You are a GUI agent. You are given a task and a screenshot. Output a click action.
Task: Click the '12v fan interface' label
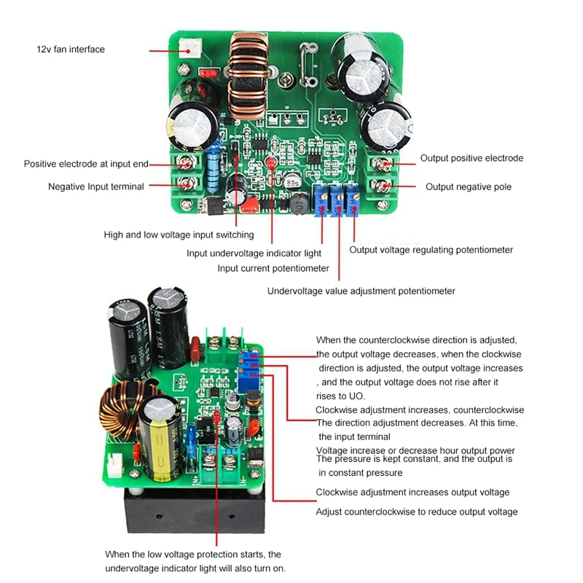click(x=71, y=50)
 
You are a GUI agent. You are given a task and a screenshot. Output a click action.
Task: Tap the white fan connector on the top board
click(x=192, y=50)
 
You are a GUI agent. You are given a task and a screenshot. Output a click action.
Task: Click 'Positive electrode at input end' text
click(x=92, y=164)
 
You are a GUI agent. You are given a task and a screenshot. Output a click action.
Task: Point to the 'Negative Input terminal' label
click(x=96, y=187)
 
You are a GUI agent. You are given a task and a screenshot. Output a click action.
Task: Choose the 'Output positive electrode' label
click(x=472, y=158)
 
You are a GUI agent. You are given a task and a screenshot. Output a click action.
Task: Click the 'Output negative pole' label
click(x=469, y=187)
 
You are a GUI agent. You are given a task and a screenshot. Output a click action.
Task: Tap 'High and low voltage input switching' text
click(x=179, y=235)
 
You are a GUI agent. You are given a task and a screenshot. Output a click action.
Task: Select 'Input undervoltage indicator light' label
click(x=254, y=253)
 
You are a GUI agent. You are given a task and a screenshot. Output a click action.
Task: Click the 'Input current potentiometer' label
click(x=273, y=268)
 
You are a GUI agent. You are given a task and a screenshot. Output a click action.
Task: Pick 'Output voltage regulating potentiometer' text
click(x=431, y=250)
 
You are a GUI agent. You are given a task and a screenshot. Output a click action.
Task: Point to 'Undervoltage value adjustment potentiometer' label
click(x=361, y=291)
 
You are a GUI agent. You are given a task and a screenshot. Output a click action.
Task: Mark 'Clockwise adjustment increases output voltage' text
click(x=412, y=493)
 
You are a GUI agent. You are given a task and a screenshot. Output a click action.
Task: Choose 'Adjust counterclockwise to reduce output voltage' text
click(x=416, y=512)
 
